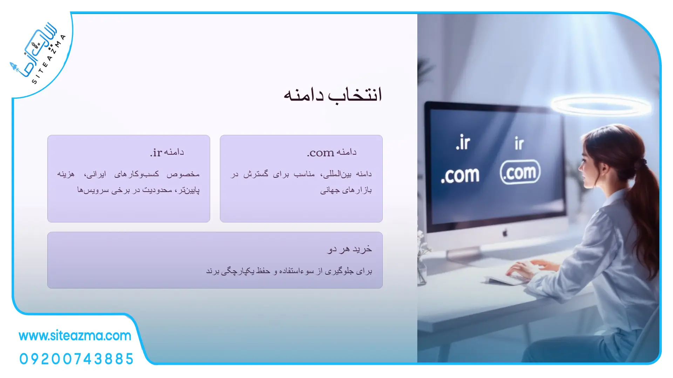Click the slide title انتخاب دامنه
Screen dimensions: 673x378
(x=333, y=95)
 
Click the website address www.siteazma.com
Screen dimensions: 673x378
(x=75, y=336)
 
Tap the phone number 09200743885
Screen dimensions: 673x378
(x=76, y=359)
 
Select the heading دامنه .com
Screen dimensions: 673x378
(x=332, y=152)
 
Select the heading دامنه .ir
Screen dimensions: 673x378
(x=167, y=152)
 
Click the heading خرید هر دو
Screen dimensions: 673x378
(x=349, y=249)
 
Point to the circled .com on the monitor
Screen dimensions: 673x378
(x=520, y=172)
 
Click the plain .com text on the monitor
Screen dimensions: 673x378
(x=460, y=175)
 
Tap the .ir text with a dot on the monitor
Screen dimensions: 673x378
(x=463, y=142)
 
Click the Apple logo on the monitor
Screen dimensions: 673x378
(x=505, y=233)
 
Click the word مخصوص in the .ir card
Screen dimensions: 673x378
(x=183, y=174)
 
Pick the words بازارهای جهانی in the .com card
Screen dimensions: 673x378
(x=346, y=190)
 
